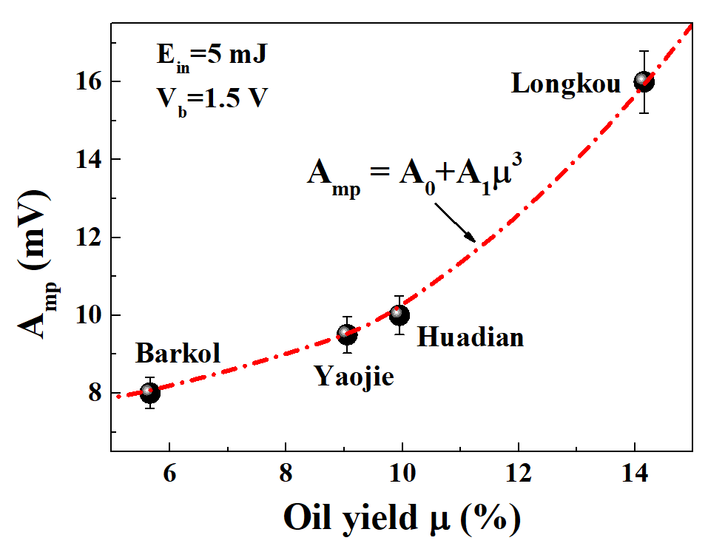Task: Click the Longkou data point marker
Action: [644, 81]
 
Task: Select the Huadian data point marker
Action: [400, 314]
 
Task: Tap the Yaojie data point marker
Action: [347, 334]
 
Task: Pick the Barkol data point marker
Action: [150, 392]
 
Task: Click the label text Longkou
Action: [566, 84]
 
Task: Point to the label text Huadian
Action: [471, 337]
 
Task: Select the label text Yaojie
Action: [354, 377]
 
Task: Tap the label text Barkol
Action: [178, 354]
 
